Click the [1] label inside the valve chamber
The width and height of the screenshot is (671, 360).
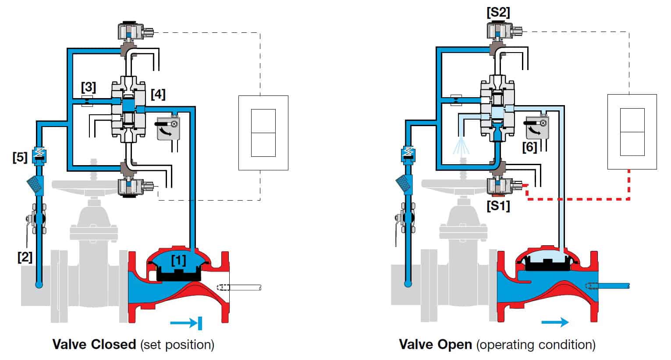(178, 260)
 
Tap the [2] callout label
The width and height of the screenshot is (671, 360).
(25, 257)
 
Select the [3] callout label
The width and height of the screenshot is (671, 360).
(89, 87)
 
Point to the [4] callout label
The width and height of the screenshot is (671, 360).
(158, 94)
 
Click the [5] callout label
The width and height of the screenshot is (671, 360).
(20, 157)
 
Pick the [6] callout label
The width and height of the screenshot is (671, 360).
(529, 147)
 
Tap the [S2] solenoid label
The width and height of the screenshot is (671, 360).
(498, 13)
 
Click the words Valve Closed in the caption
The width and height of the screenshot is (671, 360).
(94, 344)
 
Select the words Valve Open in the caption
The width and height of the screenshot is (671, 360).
(436, 344)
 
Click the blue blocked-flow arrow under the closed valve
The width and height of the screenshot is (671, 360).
(186, 323)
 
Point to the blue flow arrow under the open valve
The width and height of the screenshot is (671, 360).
(555, 322)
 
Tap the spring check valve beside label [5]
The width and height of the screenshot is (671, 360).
(39, 155)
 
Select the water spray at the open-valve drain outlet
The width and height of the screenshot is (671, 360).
(461, 145)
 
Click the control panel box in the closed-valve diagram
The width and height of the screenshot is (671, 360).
(263, 133)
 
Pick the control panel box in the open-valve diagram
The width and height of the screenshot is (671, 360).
(632, 132)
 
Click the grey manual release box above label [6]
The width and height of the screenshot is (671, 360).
(537, 127)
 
